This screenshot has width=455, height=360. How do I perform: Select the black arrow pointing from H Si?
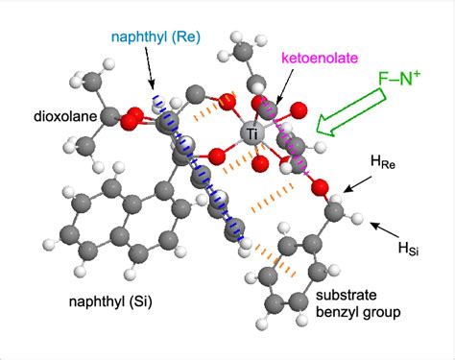(x=381, y=229)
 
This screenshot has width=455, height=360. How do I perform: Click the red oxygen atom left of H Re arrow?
(x=322, y=187)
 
